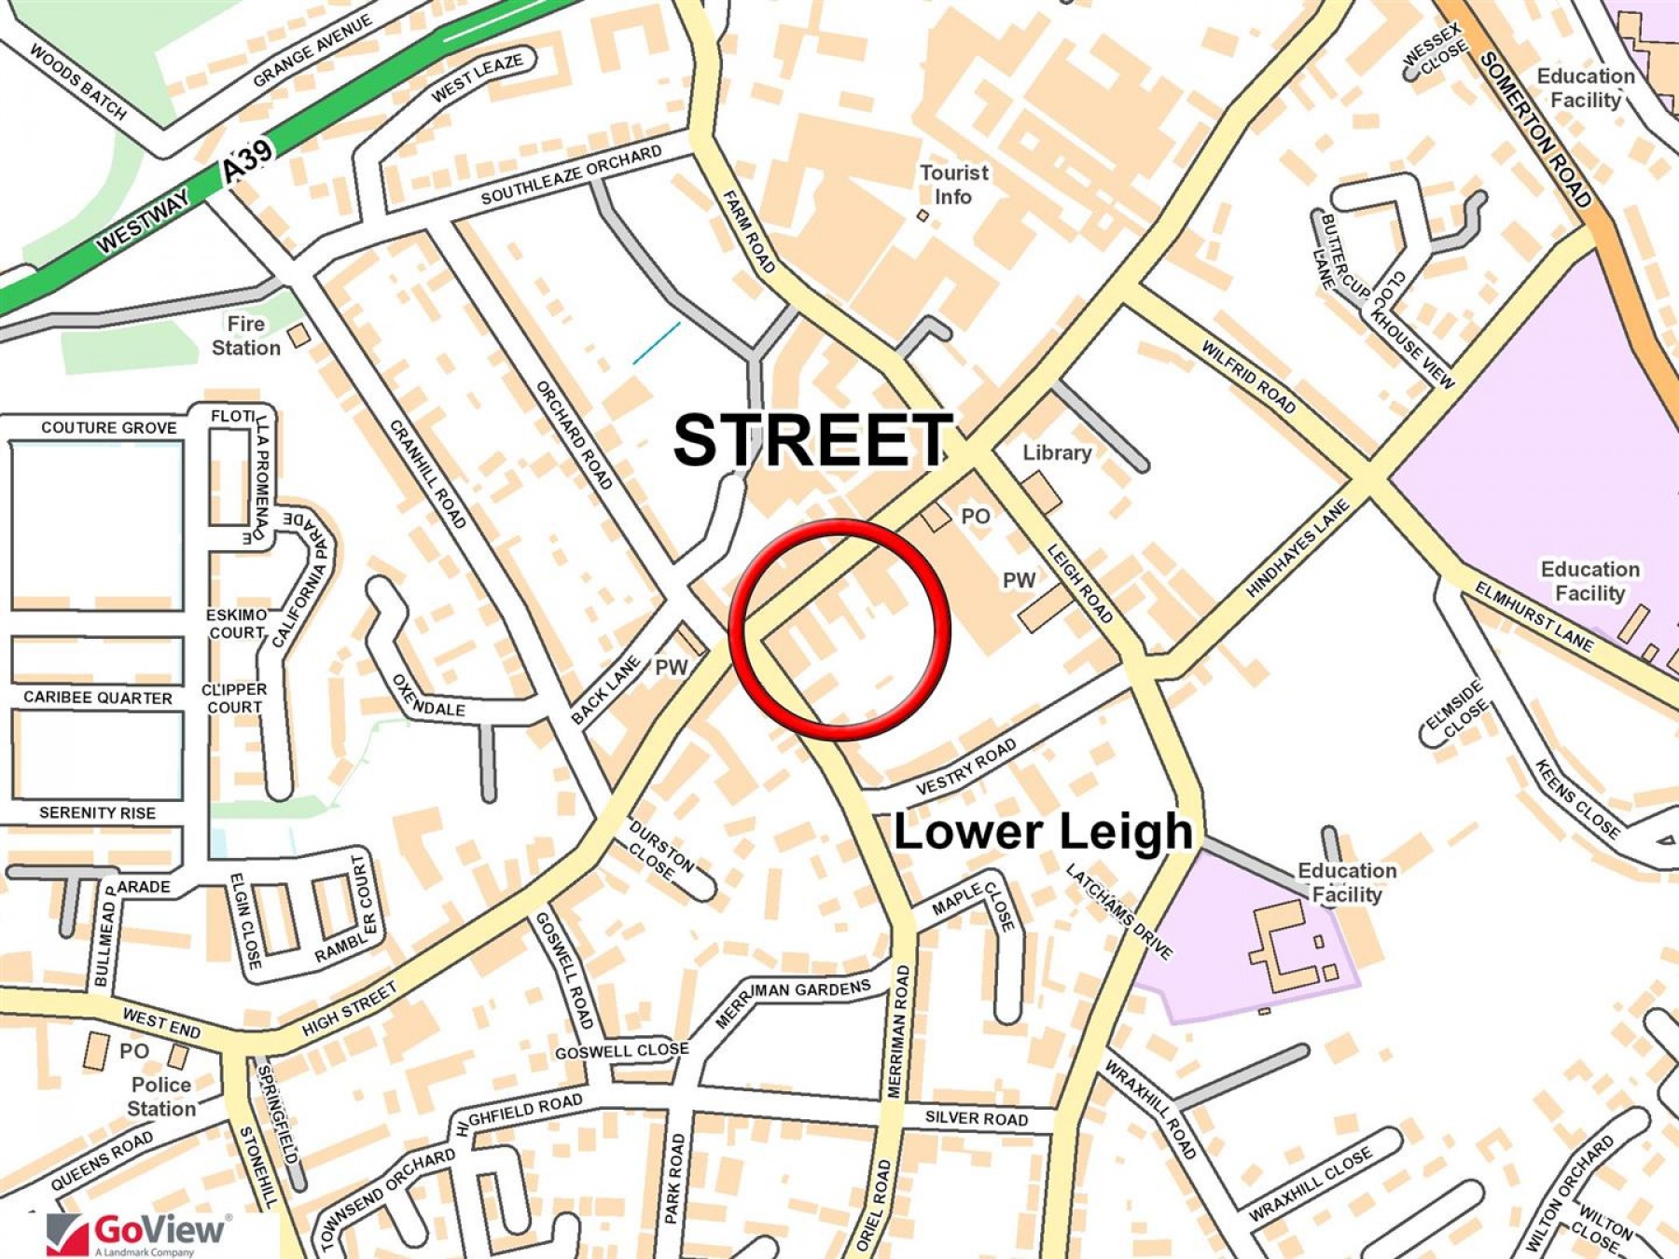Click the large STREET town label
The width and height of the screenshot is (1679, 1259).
(x=812, y=440)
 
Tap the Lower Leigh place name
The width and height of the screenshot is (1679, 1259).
(x=1043, y=831)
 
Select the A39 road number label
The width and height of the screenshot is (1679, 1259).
(x=249, y=160)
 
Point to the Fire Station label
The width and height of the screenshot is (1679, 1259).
(x=245, y=336)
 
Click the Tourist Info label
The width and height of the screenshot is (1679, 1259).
(x=953, y=185)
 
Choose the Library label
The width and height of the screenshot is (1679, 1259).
(x=1057, y=453)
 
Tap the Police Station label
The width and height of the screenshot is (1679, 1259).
(x=161, y=1097)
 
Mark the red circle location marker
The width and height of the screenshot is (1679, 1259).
(x=839, y=629)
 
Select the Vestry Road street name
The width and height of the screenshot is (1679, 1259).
(x=966, y=767)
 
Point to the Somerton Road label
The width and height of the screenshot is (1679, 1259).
(x=1535, y=131)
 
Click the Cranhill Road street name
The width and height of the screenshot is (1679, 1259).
(x=427, y=474)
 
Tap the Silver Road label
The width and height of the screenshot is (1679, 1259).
(x=976, y=1117)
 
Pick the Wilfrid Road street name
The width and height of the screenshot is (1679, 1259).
(x=1248, y=377)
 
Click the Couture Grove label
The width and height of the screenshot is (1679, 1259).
(x=109, y=428)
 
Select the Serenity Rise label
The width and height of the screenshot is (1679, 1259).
(x=98, y=813)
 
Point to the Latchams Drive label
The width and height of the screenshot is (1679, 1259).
(x=1119, y=912)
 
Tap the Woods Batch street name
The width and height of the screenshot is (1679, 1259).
(x=78, y=82)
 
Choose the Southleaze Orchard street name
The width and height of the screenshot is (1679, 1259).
(x=571, y=175)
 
